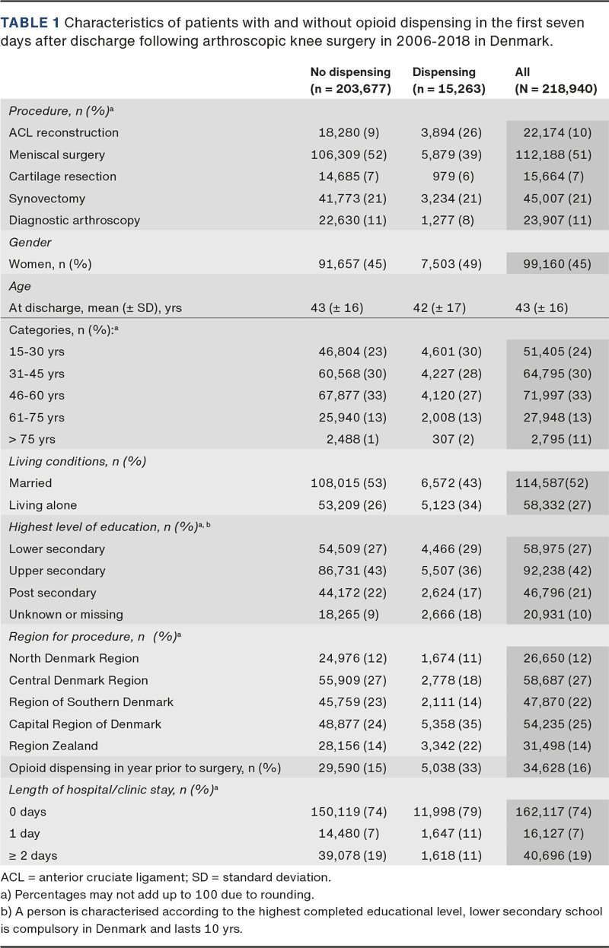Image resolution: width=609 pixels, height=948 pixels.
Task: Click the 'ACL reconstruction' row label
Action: [x=64, y=132]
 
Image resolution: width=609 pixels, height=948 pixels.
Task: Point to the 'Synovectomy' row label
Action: [x=47, y=199]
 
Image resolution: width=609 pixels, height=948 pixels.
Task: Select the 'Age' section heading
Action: [x=21, y=286]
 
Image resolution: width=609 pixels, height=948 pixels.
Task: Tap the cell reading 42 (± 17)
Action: [x=438, y=308]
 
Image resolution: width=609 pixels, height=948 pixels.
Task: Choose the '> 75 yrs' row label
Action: [x=32, y=439]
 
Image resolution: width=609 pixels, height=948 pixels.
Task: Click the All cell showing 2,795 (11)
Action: [x=557, y=439]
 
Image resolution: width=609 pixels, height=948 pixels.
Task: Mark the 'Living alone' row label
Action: [x=43, y=504]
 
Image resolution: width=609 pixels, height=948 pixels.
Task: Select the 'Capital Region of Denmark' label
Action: [x=85, y=724]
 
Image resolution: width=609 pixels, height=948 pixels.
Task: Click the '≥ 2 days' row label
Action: [x=33, y=855]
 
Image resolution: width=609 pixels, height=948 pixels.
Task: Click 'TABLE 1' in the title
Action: [x=25, y=24]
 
